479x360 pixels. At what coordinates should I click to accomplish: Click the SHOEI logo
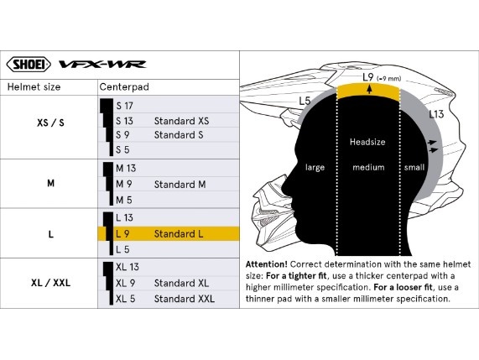click(x=29, y=64)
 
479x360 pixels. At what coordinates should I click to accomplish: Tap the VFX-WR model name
click(x=102, y=64)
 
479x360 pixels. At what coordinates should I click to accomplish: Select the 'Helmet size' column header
click(x=34, y=87)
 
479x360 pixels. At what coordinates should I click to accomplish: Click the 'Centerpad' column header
click(x=124, y=87)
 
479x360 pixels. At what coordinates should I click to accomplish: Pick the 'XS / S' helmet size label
click(x=50, y=123)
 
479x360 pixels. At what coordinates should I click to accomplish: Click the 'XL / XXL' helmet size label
click(x=50, y=283)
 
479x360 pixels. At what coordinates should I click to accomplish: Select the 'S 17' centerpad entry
click(x=125, y=106)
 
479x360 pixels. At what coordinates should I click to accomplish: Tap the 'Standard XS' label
click(x=182, y=121)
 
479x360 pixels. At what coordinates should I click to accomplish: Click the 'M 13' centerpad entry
click(x=126, y=169)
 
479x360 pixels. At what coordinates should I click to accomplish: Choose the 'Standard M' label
click(x=180, y=185)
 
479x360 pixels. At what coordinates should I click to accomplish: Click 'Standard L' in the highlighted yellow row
click(x=179, y=234)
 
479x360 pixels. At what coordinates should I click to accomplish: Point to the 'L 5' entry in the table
click(x=122, y=250)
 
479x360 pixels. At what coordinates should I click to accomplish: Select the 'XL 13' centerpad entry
click(x=128, y=267)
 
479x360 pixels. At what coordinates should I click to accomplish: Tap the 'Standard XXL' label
click(x=185, y=299)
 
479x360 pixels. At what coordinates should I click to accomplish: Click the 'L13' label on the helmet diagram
click(x=436, y=114)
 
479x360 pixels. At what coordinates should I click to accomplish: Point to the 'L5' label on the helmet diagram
click(x=305, y=101)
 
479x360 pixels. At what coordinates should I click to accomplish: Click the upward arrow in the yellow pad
click(x=370, y=89)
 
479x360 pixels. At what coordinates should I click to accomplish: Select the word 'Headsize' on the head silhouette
click(x=367, y=142)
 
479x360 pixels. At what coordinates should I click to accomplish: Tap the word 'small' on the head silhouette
click(x=414, y=168)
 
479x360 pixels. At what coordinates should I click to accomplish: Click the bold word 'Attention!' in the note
click(x=267, y=264)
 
